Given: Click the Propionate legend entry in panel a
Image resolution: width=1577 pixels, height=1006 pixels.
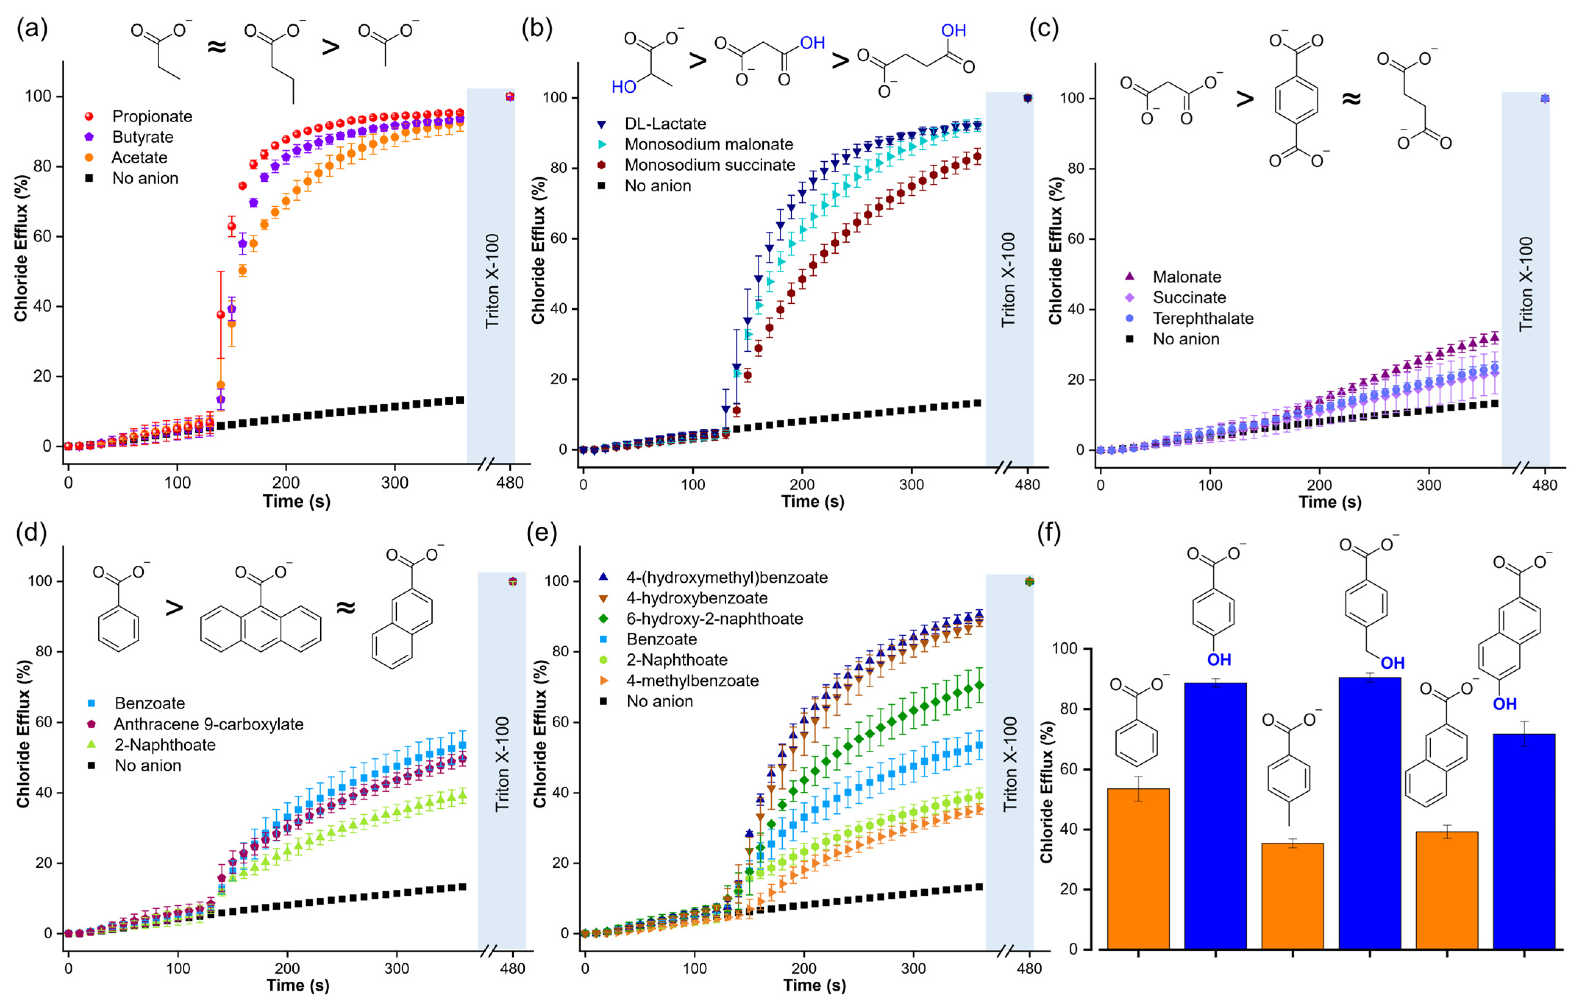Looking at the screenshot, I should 151,117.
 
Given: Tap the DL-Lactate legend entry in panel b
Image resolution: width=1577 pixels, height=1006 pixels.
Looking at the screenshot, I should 665,124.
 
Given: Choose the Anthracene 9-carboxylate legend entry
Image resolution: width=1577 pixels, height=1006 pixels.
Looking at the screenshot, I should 208,724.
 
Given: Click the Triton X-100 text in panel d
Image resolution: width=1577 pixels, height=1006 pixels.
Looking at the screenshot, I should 502,764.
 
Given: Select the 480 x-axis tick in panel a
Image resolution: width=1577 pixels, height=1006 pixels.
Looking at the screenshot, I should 510,483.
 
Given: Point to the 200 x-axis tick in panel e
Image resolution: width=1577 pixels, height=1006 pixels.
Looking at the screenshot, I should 803,969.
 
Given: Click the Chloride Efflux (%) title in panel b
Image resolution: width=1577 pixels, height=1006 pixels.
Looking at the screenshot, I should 538,250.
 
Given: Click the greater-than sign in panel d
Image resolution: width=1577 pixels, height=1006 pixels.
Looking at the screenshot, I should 174,608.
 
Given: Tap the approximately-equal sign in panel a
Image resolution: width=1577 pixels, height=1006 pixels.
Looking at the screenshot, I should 217,47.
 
